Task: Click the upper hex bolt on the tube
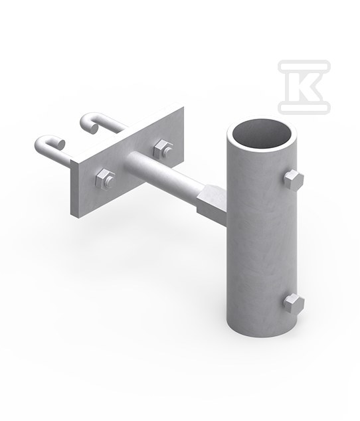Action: pyautogui.click(x=294, y=180)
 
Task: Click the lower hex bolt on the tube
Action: pyautogui.click(x=294, y=304)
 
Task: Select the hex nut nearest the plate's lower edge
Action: pyautogui.click(x=104, y=179)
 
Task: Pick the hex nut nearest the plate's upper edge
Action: pyautogui.click(x=162, y=149)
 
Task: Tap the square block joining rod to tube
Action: pyautogui.click(x=211, y=201)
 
